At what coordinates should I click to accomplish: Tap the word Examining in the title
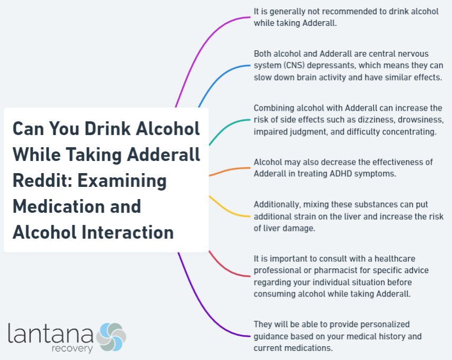pos(123,181)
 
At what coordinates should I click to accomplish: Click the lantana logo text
pos(50,333)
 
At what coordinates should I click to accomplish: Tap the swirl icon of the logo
pos(111,337)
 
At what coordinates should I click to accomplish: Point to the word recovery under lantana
pos(72,349)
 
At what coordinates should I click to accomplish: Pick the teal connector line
pos(228,126)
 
